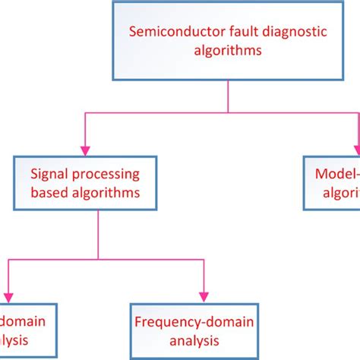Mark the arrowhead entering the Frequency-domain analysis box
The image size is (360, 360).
pyautogui.click(x=204, y=296)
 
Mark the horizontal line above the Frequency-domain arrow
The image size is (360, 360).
pyautogui.click(x=152, y=258)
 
